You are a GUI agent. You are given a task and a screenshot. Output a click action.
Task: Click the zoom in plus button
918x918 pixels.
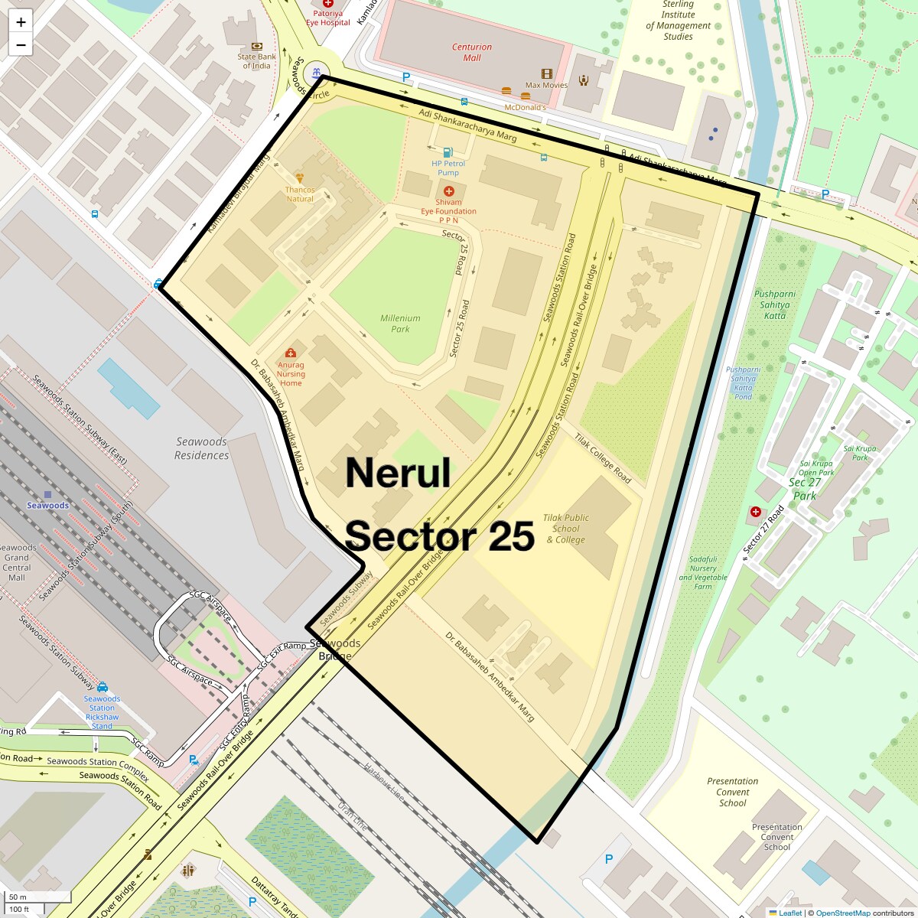pyautogui.click(x=21, y=22)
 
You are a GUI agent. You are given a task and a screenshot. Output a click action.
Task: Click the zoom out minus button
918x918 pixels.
pyautogui.click(x=21, y=45)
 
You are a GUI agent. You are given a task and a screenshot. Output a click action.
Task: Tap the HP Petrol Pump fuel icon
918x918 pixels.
pyautogui.click(x=448, y=151)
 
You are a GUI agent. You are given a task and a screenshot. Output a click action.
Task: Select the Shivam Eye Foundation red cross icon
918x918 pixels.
pyautogui.click(x=448, y=190)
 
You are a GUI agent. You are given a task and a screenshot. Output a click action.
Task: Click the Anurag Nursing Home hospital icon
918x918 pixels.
pyautogui.click(x=291, y=353)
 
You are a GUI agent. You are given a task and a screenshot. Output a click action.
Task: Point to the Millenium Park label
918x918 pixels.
pyautogui.click(x=400, y=324)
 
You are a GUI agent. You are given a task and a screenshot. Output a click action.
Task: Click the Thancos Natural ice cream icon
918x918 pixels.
pyautogui.click(x=300, y=177)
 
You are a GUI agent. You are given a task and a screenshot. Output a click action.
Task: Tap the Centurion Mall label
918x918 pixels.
pyautogui.click(x=472, y=52)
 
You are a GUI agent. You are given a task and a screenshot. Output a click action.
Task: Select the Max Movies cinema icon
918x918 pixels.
pyautogui.click(x=546, y=74)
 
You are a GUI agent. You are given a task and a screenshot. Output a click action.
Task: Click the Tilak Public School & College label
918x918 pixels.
pyautogui.click(x=566, y=529)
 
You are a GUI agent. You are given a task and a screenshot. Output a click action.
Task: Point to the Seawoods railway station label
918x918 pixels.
pyautogui.click(x=47, y=505)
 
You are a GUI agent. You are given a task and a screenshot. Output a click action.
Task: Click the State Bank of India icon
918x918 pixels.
pyautogui.click(x=256, y=46)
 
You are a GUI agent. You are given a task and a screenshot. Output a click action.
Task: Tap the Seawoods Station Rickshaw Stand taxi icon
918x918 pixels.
pyautogui.click(x=103, y=687)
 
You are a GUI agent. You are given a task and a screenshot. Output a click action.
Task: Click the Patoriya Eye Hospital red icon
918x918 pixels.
pyautogui.click(x=328, y=4)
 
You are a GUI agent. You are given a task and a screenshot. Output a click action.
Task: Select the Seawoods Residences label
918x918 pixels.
pyautogui.click(x=201, y=448)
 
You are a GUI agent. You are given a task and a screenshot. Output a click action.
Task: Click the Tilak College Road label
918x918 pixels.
pyautogui.click(x=603, y=457)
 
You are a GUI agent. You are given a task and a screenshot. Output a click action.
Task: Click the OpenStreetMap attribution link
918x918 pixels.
pyautogui.click(x=843, y=913)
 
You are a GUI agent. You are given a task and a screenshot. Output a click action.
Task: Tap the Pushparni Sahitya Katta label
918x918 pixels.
pyautogui.click(x=774, y=304)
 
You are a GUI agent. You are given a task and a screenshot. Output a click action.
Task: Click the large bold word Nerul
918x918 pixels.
pyautogui.click(x=398, y=473)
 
